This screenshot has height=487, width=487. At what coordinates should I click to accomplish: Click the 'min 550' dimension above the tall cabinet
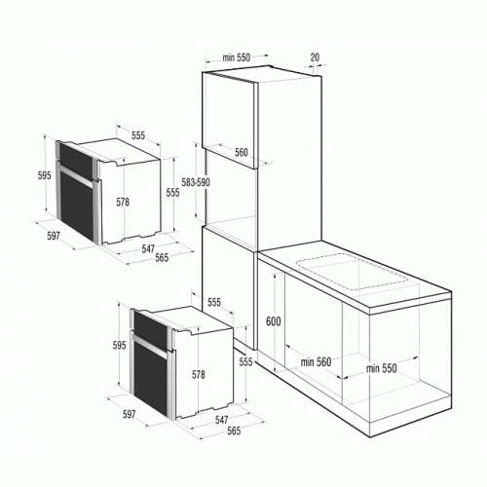[x=237, y=57]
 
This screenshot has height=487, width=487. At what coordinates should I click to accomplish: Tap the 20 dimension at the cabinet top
[x=315, y=57]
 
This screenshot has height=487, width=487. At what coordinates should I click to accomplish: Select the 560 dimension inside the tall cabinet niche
[x=242, y=152]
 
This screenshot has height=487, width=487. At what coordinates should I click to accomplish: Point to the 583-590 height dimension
[x=196, y=182]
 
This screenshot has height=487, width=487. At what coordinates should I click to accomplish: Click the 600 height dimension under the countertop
[x=274, y=321]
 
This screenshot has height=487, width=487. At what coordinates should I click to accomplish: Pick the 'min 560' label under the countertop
[x=316, y=361]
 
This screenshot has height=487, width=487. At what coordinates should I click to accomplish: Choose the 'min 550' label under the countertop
[x=382, y=368]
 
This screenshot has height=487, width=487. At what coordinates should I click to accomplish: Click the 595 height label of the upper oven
[x=45, y=175]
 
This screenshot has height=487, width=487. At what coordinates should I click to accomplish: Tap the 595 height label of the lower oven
[x=119, y=346]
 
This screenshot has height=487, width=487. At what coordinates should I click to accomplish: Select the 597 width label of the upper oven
[x=54, y=236]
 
